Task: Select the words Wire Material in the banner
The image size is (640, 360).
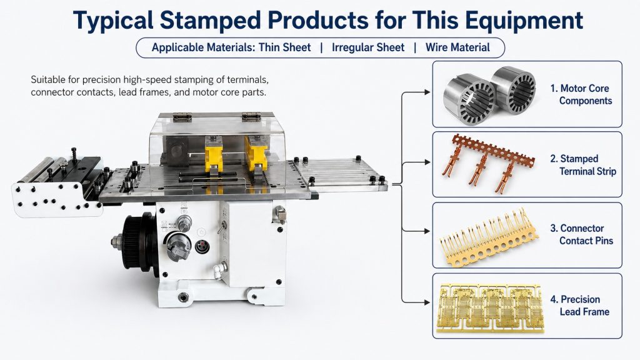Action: coord(457,47)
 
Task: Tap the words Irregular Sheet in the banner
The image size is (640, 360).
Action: coord(368,47)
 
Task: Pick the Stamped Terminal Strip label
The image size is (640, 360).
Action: coord(583,165)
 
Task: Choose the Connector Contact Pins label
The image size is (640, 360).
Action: coord(582,235)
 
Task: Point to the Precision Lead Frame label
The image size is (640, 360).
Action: coord(579,305)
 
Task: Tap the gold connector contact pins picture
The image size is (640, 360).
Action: coord(488,237)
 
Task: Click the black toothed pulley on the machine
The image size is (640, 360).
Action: coord(138,239)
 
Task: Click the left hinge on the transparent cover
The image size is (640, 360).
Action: coord(182,117)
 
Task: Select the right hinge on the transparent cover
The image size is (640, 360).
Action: coord(251,117)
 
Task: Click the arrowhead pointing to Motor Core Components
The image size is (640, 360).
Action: coord(427,92)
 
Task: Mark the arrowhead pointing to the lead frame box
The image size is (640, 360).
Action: coord(427,302)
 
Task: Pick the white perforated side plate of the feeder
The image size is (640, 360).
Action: coord(57,199)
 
